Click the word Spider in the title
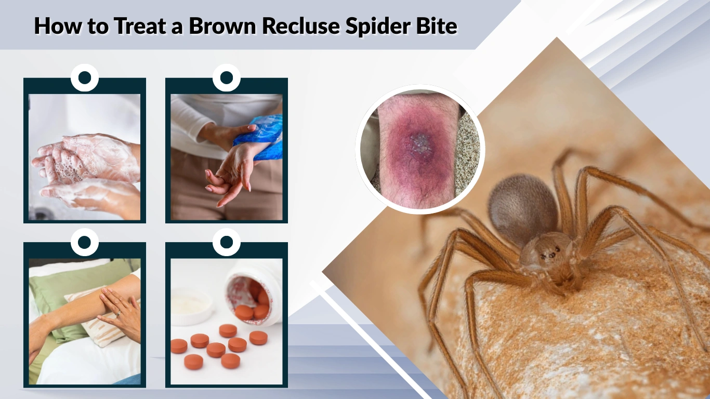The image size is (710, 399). click(x=382, y=25)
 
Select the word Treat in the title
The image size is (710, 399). click(x=140, y=25)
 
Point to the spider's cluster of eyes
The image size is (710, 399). click(x=550, y=255)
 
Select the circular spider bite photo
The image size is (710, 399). click(x=420, y=149)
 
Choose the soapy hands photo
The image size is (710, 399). click(x=85, y=156)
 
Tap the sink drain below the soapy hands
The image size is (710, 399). click(x=40, y=213)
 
